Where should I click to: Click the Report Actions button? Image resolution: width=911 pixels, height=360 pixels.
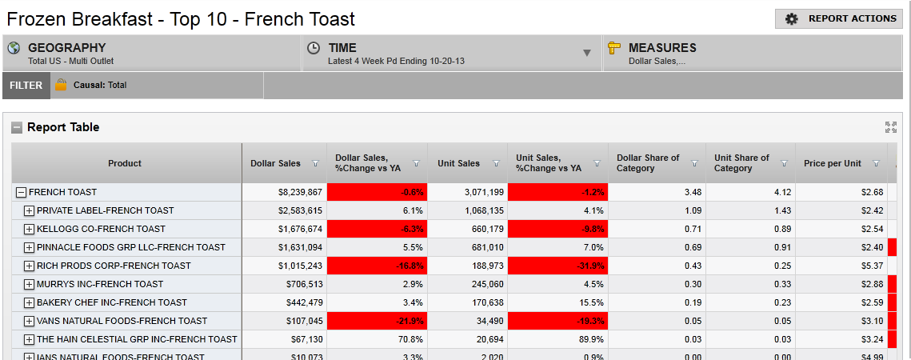[839, 18]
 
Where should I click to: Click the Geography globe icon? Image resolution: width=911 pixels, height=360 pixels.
[14, 48]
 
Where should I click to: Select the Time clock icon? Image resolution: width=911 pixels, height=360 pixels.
[314, 48]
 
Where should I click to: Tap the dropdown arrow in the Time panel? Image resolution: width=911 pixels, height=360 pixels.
[586, 53]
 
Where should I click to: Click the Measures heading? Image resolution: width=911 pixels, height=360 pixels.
[661, 48]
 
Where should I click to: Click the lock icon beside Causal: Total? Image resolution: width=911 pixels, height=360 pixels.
[61, 85]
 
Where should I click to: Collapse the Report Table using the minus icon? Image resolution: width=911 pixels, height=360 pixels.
[17, 127]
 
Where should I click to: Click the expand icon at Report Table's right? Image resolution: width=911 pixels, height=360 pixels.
[891, 127]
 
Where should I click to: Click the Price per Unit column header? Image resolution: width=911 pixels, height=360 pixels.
[832, 163]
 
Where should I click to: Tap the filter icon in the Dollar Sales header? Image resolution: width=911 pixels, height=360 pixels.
[315, 163]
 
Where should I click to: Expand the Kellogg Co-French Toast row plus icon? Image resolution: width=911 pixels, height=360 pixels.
[29, 229]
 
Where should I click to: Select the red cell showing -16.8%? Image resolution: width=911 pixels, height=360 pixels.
[377, 266]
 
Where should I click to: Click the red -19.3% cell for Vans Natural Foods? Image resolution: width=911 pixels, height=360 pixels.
[557, 321]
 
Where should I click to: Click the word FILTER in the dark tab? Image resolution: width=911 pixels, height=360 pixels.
[26, 86]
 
